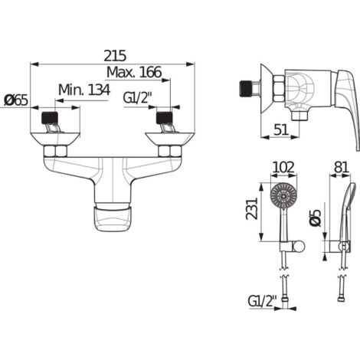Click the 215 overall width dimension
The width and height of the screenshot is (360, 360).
(115, 56)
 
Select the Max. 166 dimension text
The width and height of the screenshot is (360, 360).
(134, 72)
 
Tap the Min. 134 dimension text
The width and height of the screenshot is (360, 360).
(84, 90)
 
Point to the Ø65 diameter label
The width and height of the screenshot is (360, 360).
(16, 101)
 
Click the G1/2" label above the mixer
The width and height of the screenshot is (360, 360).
(138, 98)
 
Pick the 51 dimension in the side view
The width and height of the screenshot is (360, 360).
(281, 129)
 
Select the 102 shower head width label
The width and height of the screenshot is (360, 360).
(283, 168)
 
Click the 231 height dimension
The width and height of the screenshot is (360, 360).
(252, 209)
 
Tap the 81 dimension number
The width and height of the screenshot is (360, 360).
(341, 168)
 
